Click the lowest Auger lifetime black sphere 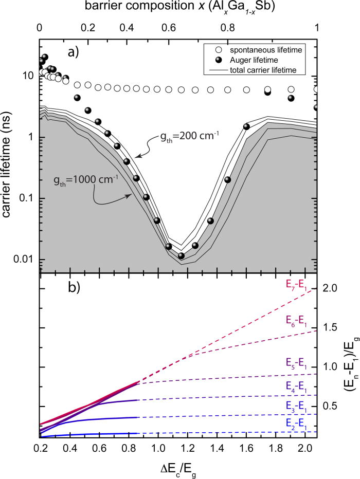[x=181, y=256]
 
